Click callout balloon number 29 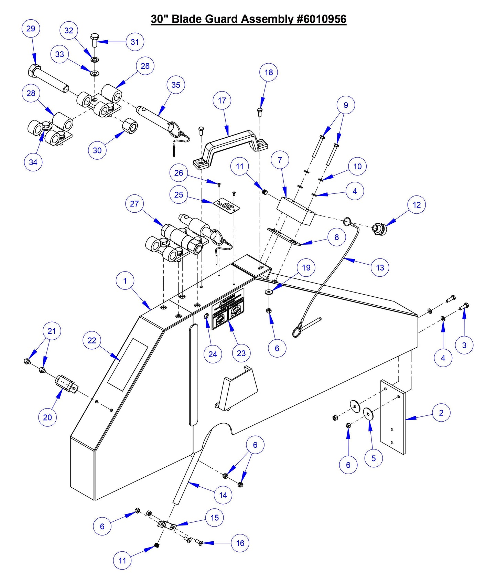tap(31, 29)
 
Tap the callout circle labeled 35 tap(175, 85)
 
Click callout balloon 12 tap(417, 205)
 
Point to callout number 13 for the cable tap(380, 267)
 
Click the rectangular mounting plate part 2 tap(393, 416)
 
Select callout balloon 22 tap(92, 340)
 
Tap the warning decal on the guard tap(228, 309)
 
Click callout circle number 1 tap(125, 281)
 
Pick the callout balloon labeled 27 tap(134, 204)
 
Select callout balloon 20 tap(47, 417)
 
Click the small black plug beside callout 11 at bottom tap(156, 545)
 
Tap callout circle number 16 tap(240, 543)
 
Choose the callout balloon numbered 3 tap(464, 345)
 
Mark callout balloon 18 tap(269, 72)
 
